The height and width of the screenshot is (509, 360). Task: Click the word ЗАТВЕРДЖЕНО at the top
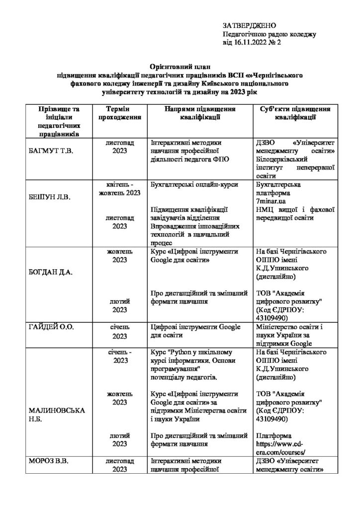click(x=249, y=25)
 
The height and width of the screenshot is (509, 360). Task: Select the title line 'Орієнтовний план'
click(x=180, y=66)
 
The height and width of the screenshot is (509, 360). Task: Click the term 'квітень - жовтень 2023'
click(x=120, y=188)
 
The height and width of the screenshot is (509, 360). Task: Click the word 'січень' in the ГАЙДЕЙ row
click(x=120, y=328)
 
